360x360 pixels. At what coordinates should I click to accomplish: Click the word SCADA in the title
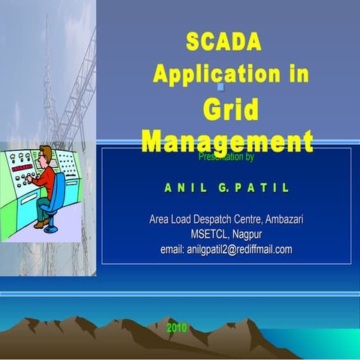pos(223,43)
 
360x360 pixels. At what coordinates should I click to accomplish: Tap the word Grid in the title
pos(230,109)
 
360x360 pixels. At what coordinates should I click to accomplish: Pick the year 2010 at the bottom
pos(176,328)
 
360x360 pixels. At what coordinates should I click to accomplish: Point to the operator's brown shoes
pos(40,223)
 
